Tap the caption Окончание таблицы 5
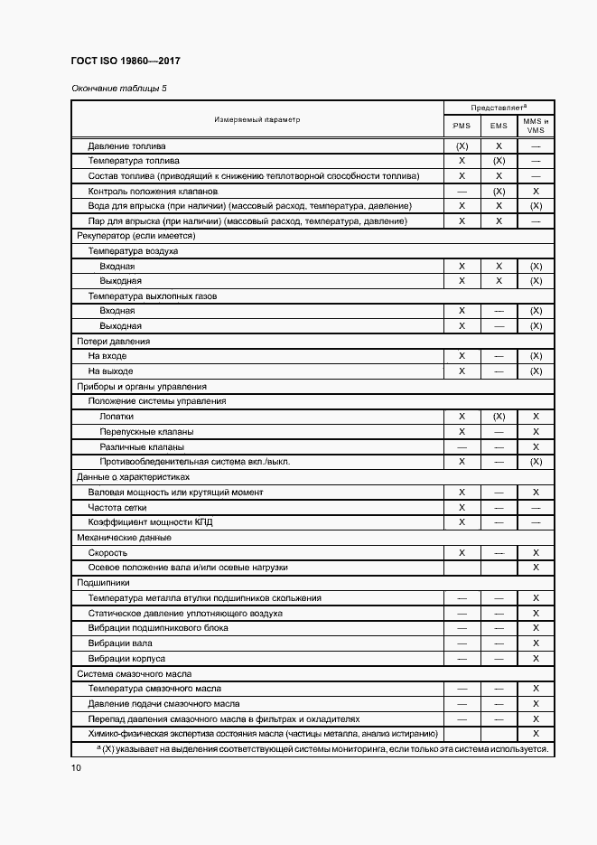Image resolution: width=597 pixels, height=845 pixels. click(x=118, y=89)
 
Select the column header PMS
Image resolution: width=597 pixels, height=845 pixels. click(x=462, y=126)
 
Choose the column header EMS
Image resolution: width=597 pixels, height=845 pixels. click(x=499, y=126)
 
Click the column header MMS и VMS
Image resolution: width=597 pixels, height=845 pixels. click(x=536, y=126)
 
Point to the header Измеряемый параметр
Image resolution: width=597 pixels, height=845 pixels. click(x=257, y=119)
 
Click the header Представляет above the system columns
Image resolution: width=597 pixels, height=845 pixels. click(x=498, y=107)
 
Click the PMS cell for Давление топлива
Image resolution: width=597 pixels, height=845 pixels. click(x=462, y=146)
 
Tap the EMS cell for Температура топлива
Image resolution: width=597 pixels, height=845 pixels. click(x=499, y=161)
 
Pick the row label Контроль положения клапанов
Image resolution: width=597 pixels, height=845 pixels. click(x=154, y=191)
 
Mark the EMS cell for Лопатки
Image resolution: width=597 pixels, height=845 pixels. click(x=499, y=417)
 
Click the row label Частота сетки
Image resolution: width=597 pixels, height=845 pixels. click(x=122, y=507)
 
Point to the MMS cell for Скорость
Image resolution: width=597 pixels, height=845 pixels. click(x=536, y=552)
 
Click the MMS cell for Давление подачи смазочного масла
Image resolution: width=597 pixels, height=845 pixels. click(x=536, y=703)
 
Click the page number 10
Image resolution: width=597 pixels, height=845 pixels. click(x=76, y=767)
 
